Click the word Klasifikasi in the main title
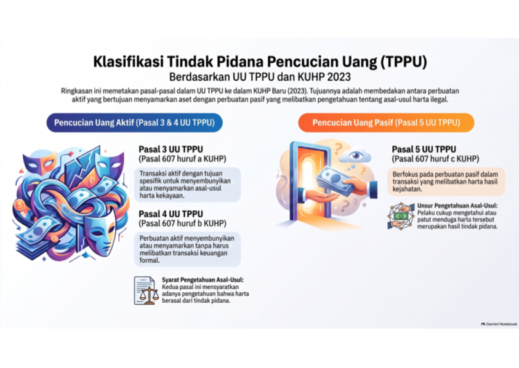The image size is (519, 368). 128,62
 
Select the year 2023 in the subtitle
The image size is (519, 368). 339,77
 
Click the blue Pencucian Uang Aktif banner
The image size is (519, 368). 134,123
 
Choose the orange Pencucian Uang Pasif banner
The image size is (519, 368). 386,123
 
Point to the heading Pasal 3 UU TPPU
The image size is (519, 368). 171,150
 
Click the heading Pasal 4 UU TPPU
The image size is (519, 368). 171,214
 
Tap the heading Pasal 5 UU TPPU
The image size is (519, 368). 424,150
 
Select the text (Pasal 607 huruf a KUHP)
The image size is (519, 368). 182,159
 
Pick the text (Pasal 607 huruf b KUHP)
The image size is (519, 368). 182,223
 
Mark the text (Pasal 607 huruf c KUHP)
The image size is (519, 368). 436,159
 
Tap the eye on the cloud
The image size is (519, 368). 355,155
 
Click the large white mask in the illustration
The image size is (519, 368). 100,232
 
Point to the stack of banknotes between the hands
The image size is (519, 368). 335,180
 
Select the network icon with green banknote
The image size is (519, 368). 401,216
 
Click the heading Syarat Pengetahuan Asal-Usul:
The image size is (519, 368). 203,280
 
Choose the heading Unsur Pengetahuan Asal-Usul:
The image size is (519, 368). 457,206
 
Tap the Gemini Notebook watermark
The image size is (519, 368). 499,324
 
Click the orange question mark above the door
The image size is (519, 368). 338,148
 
